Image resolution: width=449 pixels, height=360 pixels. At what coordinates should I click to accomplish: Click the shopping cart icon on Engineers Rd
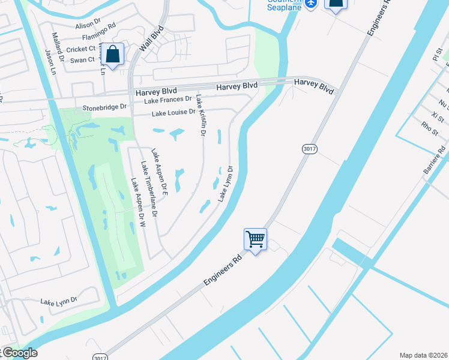pos(255,240)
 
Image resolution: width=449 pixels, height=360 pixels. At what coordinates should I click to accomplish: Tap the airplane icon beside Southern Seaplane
pos(310,4)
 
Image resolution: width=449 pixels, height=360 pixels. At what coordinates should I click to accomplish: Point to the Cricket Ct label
pos(81,49)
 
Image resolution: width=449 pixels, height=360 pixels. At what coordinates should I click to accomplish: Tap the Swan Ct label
pos(83,59)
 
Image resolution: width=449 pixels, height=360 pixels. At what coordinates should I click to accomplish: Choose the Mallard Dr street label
pos(58,49)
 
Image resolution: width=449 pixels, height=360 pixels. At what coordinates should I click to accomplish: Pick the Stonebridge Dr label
pos(105,107)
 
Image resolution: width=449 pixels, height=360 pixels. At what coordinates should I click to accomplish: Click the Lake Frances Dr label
pos(167,100)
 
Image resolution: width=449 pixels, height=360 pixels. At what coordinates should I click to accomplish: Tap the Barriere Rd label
pos(435,160)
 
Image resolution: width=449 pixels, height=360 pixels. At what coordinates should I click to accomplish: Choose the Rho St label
pos(430,128)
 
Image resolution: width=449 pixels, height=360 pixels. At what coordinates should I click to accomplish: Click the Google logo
pos(19,353)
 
